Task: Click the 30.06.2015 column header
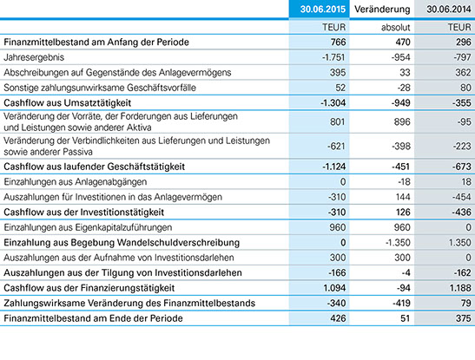[x=323, y=9]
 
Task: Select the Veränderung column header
[x=382, y=9]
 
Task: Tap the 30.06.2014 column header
[x=449, y=9]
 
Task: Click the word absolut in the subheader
[x=395, y=27]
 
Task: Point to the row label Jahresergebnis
[x=34, y=57]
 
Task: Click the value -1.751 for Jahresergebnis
[x=333, y=57]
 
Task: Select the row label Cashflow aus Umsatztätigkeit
[x=67, y=103]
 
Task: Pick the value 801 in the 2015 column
[x=338, y=121]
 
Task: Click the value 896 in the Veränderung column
[x=402, y=121]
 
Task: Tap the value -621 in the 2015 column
[x=336, y=146]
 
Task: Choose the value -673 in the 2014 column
[x=462, y=167]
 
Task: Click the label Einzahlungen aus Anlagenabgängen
[x=76, y=182]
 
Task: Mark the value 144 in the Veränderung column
[x=403, y=197]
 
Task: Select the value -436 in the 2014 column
[x=462, y=212]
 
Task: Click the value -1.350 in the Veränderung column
[x=398, y=242]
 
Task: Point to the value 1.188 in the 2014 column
[x=460, y=288]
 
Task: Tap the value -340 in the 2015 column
[x=337, y=303]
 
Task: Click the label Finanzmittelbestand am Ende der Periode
[x=93, y=318]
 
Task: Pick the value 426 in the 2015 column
[x=338, y=318]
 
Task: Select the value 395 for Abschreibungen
[x=338, y=72]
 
